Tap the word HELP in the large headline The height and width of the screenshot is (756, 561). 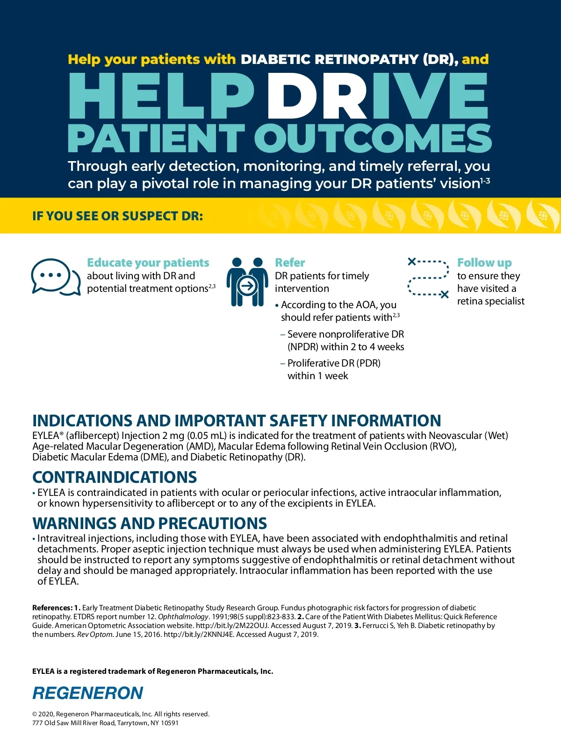pos(161,96)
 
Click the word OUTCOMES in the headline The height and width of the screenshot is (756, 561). pos(373,139)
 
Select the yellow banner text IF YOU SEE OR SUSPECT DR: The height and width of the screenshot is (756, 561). pos(117,216)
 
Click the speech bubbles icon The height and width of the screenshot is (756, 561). pos(55,277)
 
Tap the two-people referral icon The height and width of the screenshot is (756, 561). pos(247,282)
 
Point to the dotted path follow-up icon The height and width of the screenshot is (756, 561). pos(428,278)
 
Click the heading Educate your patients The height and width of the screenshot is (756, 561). pos(148,263)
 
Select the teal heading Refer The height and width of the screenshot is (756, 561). pos(290,263)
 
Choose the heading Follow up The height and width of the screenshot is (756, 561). pos(484,263)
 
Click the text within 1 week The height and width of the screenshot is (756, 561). pos(318,376)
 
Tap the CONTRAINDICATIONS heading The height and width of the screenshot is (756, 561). pos(115,477)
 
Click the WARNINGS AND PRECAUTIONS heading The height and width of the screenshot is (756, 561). pos(150,523)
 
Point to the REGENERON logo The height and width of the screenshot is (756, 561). pos(88,693)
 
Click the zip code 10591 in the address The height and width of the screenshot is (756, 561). pos(170,723)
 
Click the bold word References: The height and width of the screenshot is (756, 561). pos(52,608)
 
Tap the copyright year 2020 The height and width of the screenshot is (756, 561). pos(46,714)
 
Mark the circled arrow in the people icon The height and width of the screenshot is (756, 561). pos(247,285)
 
